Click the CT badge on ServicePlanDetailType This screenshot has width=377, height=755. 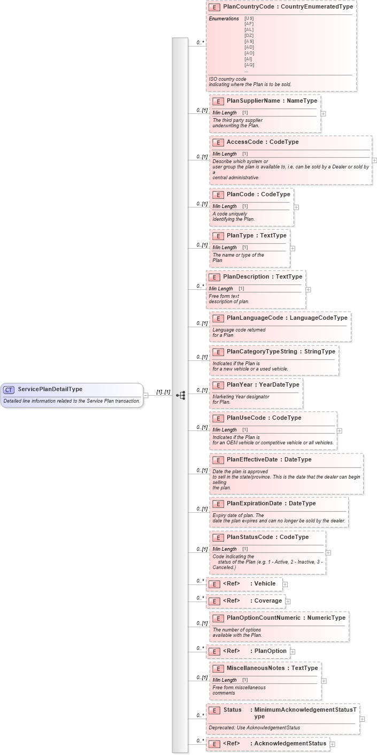[9, 389]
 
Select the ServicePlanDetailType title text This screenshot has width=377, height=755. [50, 389]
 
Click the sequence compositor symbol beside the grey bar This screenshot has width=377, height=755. [181, 395]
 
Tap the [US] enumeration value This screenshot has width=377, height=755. [249, 18]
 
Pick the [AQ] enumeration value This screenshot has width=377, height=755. [249, 65]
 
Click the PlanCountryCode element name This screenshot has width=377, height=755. [250, 6]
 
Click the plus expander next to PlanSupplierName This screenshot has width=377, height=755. [323, 113]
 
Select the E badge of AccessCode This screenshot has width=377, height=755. [218, 142]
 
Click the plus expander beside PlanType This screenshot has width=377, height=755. [293, 248]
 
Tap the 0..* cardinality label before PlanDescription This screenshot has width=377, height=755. [201, 286]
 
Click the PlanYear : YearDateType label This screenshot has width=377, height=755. [263, 385]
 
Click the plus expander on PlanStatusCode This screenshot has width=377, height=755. [328, 553]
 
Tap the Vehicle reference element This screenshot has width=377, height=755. [244, 584]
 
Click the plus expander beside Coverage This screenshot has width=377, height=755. [288, 601]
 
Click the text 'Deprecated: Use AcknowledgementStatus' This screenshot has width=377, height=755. [254, 727]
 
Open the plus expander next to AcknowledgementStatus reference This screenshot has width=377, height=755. [332, 744]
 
